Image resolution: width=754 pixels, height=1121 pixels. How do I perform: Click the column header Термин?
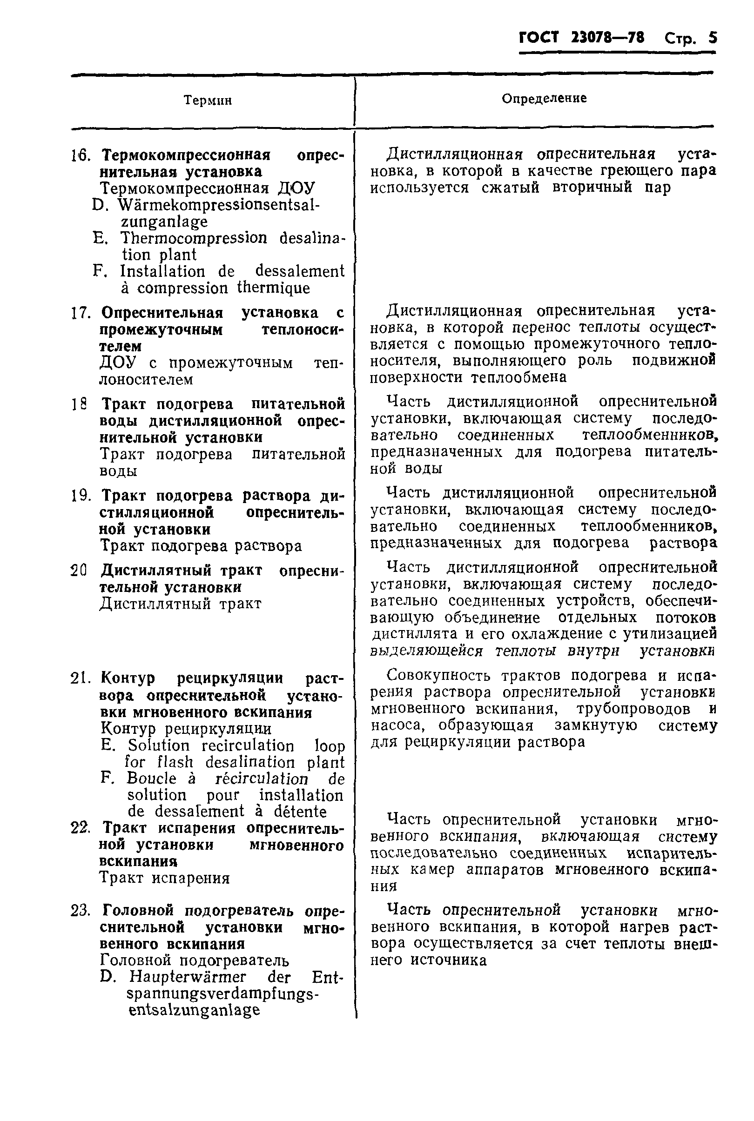tap(208, 100)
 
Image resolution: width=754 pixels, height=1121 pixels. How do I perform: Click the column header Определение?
tap(544, 98)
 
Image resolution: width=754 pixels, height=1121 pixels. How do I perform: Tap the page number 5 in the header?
tap(712, 38)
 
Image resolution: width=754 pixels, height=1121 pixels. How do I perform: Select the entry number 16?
tap(81, 155)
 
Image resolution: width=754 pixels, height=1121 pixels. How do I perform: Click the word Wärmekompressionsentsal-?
tap(219, 205)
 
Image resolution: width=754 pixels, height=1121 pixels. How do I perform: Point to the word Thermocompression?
tap(193, 238)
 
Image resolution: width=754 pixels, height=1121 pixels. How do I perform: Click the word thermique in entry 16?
tap(273, 288)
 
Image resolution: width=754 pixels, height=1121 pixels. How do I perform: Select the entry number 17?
tap(81, 313)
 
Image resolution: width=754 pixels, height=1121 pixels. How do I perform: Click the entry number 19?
tap(81, 496)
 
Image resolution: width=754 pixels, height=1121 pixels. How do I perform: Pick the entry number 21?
tap(81, 678)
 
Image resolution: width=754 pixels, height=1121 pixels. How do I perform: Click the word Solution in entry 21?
tap(158, 745)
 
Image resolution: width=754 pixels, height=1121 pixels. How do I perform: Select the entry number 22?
tap(81, 828)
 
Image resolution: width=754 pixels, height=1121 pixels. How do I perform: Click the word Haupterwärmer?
tap(187, 977)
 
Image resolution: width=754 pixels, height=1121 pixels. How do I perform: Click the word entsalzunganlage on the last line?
tap(194, 1009)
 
